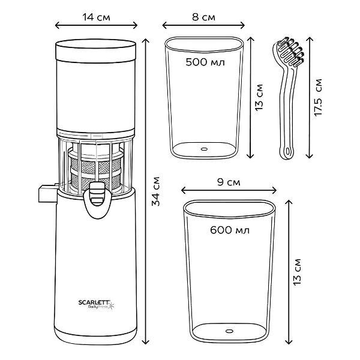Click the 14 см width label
coord(96,17)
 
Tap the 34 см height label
coord(156,191)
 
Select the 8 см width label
coord(203,17)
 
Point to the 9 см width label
coord(229,182)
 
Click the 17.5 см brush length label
coord(318,97)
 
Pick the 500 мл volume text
coord(205,62)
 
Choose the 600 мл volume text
coord(230,230)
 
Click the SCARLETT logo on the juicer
coord(95,302)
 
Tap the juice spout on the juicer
coord(97,199)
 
